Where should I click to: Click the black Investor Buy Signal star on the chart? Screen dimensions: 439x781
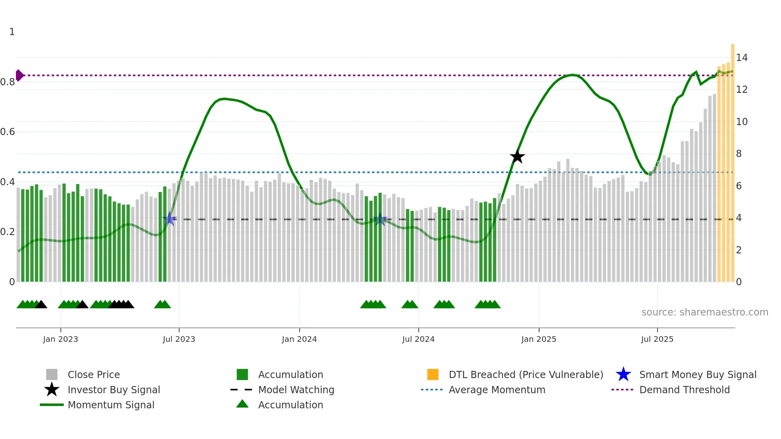[517, 157]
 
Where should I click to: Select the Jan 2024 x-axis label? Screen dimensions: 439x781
[299, 339]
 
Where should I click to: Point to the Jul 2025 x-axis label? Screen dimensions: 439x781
[657, 339]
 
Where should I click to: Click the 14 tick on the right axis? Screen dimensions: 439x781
[742, 58]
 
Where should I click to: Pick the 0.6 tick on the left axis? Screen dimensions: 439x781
[8, 132]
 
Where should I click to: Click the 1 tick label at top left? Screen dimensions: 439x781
[12, 32]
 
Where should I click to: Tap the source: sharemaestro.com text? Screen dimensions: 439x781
[704, 312]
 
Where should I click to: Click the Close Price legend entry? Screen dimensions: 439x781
[94, 375]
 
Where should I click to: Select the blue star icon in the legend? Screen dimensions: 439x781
[623, 375]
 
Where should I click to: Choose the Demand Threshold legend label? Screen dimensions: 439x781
[684, 390]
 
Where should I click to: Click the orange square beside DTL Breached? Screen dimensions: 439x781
[433, 375]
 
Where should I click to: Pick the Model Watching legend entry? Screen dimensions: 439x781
[296, 390]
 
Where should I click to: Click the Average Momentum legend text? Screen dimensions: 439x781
[497, 390]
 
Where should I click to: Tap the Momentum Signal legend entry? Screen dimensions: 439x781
[111, 405]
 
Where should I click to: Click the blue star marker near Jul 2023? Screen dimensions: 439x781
[169, 219]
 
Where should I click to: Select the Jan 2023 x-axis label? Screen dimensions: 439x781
[61, 339]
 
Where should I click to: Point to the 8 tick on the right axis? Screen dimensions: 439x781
[739, 154]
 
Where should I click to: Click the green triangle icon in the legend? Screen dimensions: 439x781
[242, 404]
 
